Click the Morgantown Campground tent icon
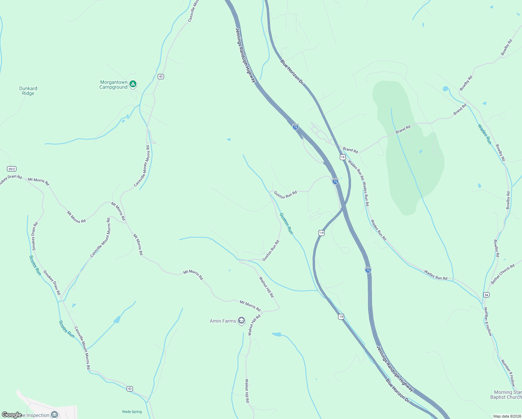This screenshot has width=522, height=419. coord(133,84)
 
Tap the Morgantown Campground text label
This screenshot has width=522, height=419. coord(114,85)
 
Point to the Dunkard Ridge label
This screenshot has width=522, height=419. coord(28,91)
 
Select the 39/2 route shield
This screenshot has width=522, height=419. coord(12,169)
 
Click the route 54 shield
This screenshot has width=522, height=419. coord(486,295)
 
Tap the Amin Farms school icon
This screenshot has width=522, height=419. coord(241,321)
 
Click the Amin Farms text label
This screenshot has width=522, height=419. coord(223,321)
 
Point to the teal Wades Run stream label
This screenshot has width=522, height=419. coord(484,134)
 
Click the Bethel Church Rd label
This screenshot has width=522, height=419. coord(503,274)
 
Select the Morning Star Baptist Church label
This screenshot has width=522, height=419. coord(507,395)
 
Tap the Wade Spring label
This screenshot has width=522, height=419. coord(132,412)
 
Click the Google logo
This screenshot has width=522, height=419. coord(12,415)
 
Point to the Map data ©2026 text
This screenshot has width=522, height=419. coord(507,416)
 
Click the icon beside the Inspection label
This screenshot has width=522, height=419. coord(54,414)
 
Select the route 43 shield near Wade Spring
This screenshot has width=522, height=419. coord(130,389)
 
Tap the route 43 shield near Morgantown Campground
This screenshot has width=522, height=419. coord(161,76)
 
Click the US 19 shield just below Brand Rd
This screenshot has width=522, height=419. coord(342,157)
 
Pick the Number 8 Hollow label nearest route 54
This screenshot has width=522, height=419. coord(488,322)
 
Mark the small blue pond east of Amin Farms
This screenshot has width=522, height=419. coord(276,335)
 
